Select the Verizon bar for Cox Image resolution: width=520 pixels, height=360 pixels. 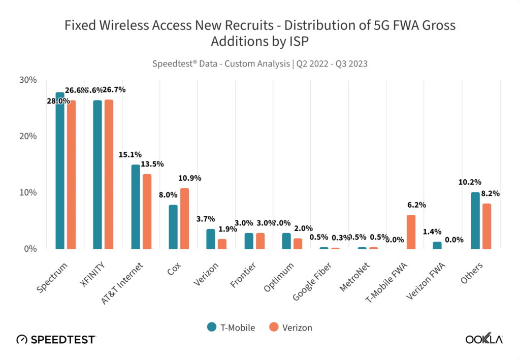[x=184, y=218]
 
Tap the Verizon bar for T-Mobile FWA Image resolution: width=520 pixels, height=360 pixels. [x=411, y=232]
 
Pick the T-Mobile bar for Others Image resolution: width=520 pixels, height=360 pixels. [x=475, y=220]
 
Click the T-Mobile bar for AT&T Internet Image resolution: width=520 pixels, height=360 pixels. [x=136, y=207]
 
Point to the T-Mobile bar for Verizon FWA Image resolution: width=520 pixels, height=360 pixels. [x=437, y=245]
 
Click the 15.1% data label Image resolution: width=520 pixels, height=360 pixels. [x=131, y=154]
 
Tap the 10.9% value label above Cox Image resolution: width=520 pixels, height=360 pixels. [x=190, y=178]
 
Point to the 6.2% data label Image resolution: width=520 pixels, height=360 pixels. [x=416, y=205]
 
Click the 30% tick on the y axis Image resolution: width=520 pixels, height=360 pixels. [x=28, y=80]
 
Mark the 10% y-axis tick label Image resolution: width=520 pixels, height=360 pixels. [x=28, y=192]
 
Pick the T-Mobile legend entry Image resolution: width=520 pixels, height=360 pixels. [x=232, y=327]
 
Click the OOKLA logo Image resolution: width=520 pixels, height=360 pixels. [x=484, y=339]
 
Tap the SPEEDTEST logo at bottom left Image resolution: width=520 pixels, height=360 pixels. [x=56, y=339]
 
